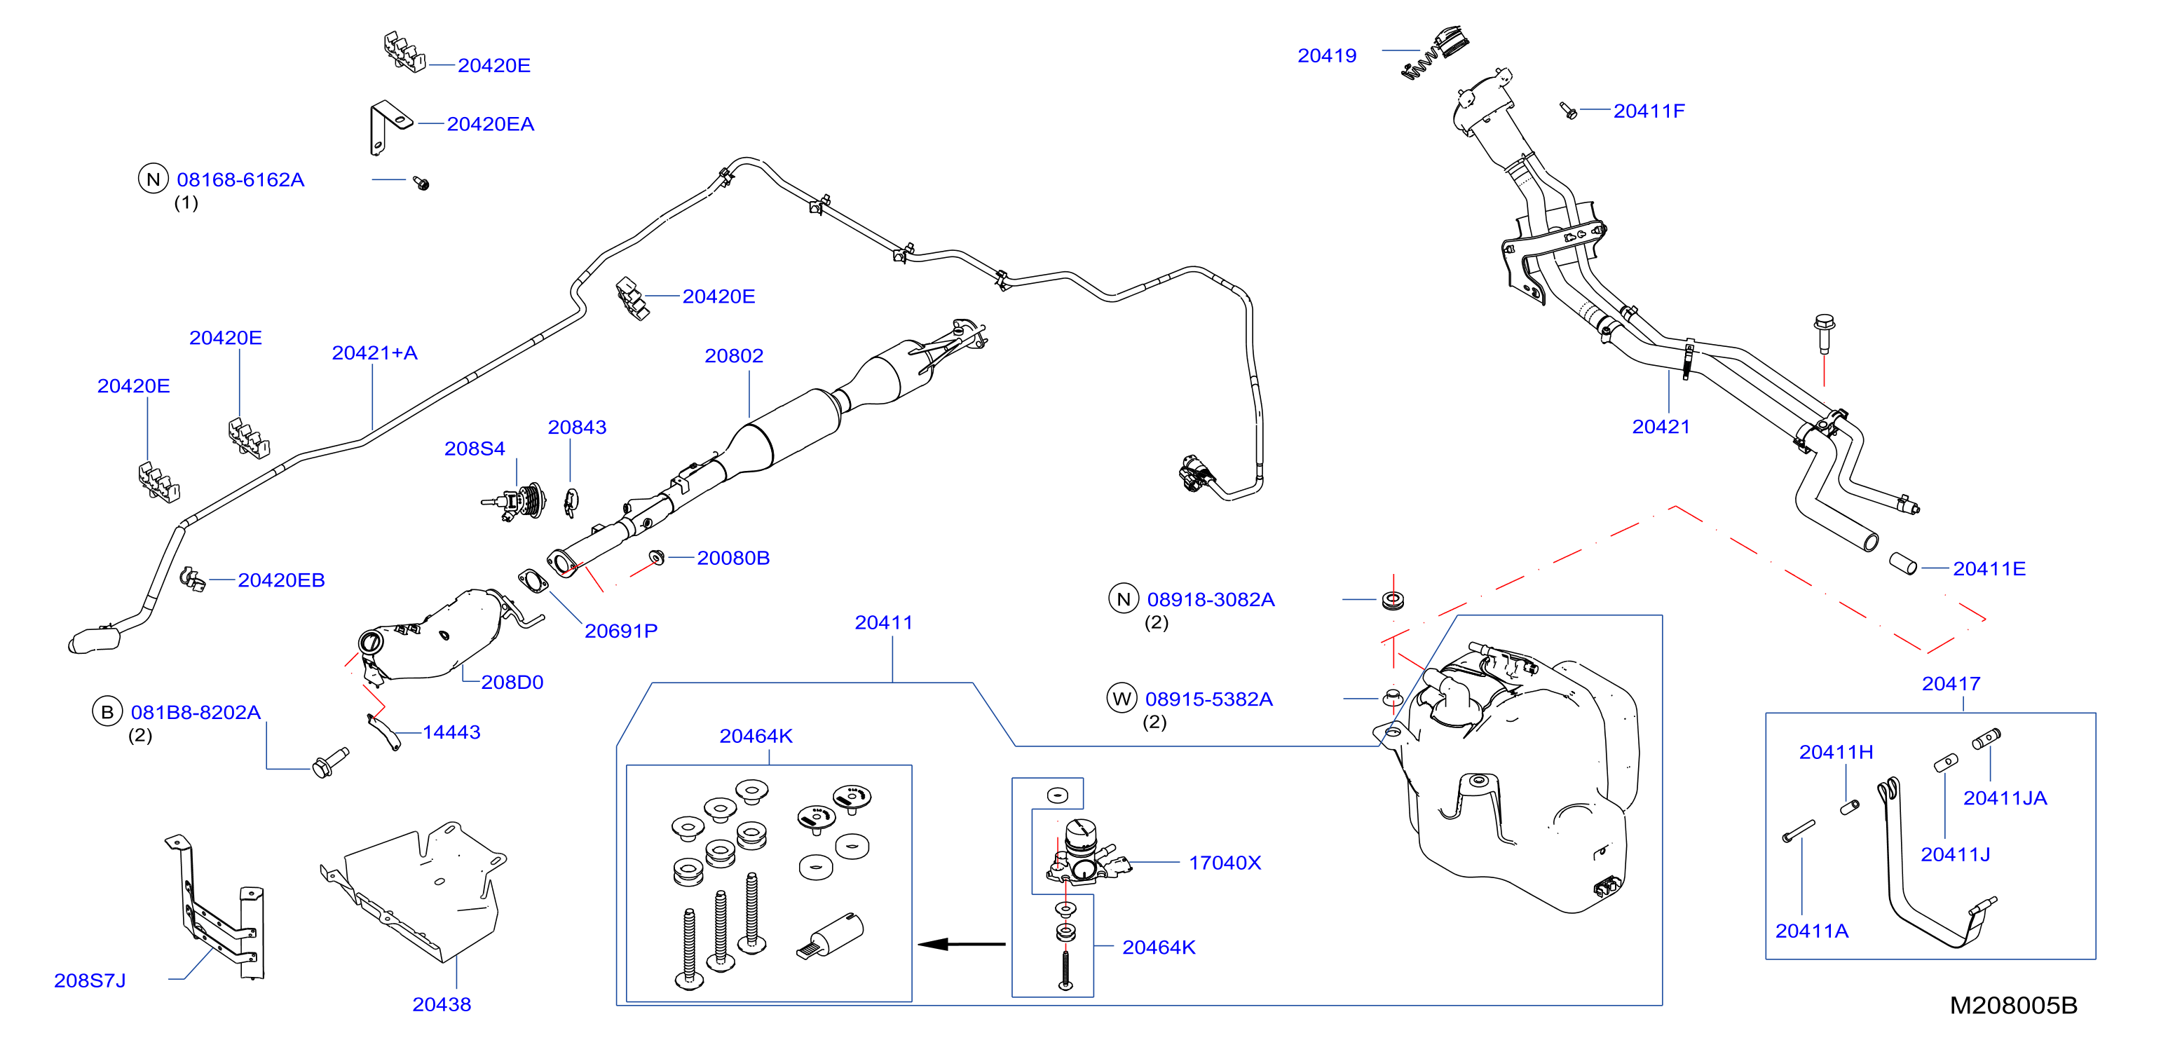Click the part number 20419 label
[1326, 56]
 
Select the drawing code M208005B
[2012, 1005]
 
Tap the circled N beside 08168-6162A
[153, 179]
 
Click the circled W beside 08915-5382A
[1122, 699]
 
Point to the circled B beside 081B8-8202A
[107, 712]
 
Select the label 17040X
[1225, 863]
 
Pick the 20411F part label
[1649, 111]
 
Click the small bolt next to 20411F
[1568, 111]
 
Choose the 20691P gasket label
[621, 631]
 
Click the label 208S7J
[90, 980]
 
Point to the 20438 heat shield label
[442, 1005]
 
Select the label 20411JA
[2004, 798]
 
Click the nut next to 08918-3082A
[1393, 600]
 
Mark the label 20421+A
[374, 353]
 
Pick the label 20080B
[733, 559]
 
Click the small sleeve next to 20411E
[1902, 563]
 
